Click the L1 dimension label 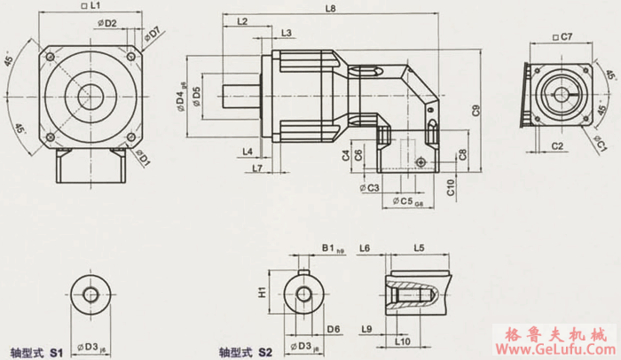click(x=93, y=7)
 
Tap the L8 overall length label click(x=330, y=8)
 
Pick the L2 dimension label click(x=242, y=20)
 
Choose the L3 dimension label click(x=286, y=33)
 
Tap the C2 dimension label click(x=558, y=143)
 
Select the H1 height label click(x=262, y=292)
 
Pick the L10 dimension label click(x=401, y=340)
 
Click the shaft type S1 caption click(x=35, y=351)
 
